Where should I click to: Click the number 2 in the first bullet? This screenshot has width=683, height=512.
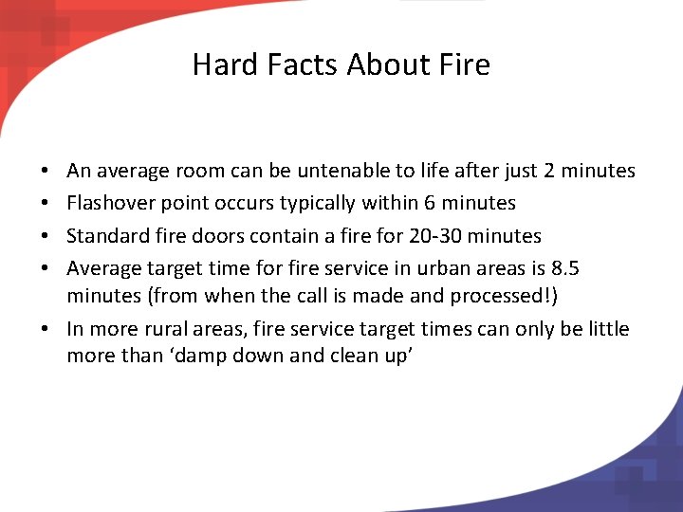point(549,172)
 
